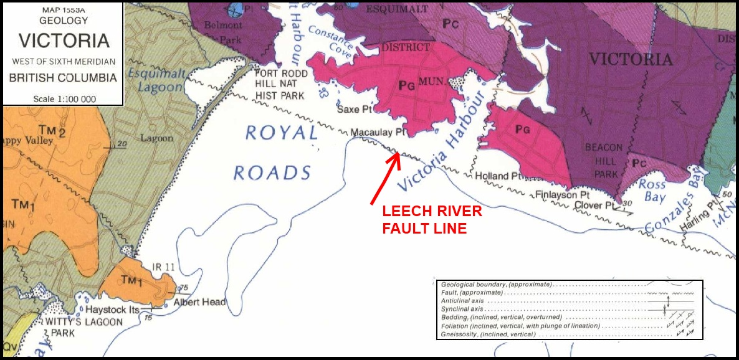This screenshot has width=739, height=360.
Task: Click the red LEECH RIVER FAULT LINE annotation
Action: (432, 220)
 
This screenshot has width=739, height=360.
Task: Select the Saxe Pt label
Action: (354, 109)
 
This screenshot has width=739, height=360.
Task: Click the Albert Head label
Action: (199, 303)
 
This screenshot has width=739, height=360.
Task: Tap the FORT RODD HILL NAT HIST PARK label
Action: (280, 84)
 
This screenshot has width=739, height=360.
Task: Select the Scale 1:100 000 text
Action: (63, 99)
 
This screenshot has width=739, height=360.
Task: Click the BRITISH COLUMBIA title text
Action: (63, 78)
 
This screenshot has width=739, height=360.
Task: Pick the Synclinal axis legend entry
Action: (463, 309)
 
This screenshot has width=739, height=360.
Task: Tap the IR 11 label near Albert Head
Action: (163, 267)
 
